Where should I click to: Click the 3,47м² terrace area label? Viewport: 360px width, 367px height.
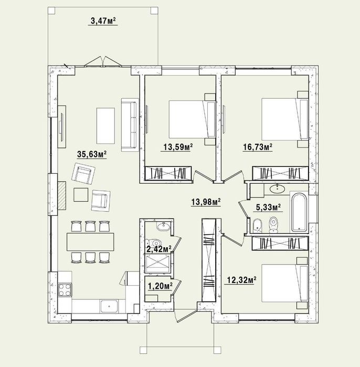(103, 21)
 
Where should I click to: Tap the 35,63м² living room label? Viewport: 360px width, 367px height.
(92, 154)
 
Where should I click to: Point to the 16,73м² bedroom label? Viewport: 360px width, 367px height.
(258, 147)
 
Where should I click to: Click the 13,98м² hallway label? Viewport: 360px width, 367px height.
(206, 202)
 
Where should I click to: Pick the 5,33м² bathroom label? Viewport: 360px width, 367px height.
(268, 207)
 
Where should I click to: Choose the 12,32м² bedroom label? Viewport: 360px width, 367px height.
(241, 280)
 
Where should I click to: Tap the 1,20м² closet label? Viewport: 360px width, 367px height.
(161, 286)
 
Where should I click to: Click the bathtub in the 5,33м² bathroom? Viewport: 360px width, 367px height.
(299, 212)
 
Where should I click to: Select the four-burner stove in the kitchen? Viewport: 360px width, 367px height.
(65, 290)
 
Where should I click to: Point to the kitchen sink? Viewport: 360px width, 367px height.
(109, 306)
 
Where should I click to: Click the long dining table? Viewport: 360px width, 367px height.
(90, 242)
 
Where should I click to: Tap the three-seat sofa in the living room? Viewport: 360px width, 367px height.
(130, 125)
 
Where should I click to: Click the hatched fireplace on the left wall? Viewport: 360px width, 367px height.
(62, 196)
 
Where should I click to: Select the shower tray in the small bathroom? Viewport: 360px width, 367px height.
(157, 264)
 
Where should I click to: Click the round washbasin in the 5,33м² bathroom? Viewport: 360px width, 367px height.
(277, 188)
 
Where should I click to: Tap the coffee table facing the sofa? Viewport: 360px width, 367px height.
(105, 126)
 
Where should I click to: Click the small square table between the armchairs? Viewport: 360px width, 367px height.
(81, 194)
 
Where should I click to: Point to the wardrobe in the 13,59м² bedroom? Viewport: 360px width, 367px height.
(168, 173)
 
